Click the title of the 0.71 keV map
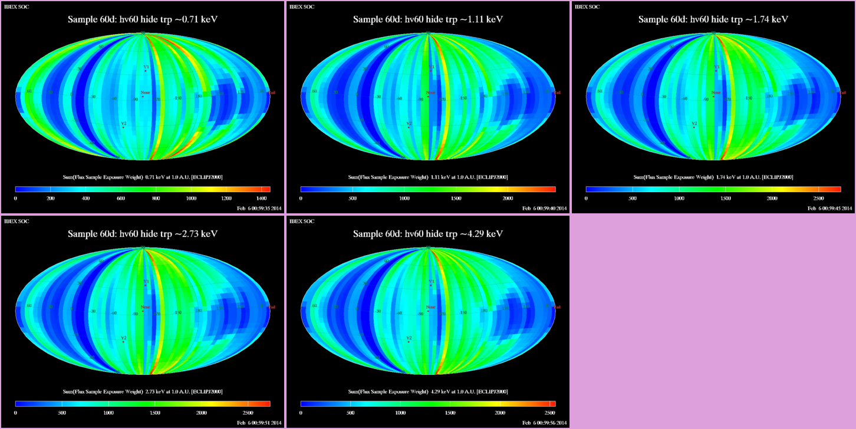[143, 19]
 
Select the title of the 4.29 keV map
[428, 234]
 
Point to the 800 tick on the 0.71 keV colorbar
[156, 199]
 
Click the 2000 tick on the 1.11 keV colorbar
[508, 199]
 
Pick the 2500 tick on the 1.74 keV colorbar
[818, 199]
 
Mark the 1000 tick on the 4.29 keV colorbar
[404, 413]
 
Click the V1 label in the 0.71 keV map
[146, 67]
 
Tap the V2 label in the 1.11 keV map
[409, 124]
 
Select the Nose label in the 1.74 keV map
[716, 93]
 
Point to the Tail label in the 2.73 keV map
[272, 307]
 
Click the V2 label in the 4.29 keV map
[409, 338]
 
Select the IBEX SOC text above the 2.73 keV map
[17, 221]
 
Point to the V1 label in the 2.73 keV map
[146, 282]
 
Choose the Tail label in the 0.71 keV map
[272, 93]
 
